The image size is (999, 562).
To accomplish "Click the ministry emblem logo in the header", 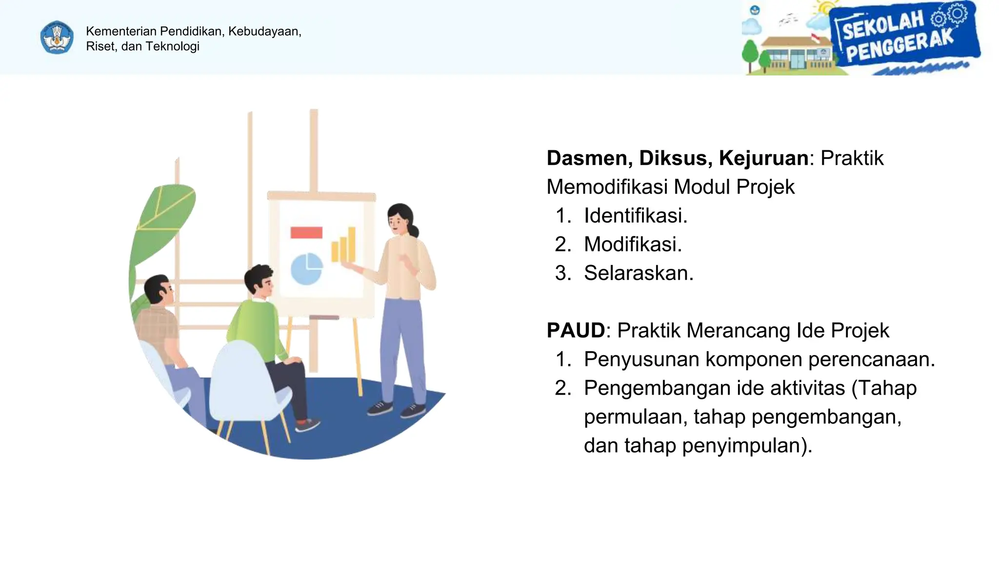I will coord(57,38).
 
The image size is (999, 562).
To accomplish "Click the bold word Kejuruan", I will coord(763,158).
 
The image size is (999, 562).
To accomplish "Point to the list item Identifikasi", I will coord(636,216).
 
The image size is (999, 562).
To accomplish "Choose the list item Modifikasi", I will coord(633,244).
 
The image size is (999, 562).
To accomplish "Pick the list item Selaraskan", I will coord(639,273).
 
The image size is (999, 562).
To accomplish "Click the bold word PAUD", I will coord(576,331).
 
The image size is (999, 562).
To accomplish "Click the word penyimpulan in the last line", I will coord(746,446).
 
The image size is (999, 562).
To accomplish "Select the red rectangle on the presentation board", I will coord(306,233).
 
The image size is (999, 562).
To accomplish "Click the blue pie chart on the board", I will coord(306,269).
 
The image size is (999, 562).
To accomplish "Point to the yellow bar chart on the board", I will coord(343,245).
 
